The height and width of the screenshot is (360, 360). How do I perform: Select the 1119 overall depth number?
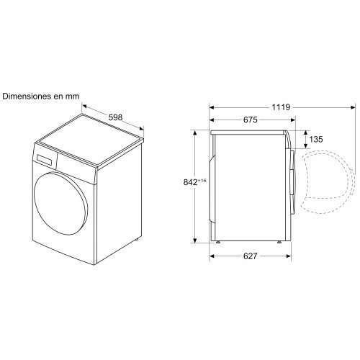(282, 107)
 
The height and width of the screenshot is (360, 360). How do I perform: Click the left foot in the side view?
(216, 245)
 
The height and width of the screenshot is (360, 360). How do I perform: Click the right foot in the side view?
(278, 245)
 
